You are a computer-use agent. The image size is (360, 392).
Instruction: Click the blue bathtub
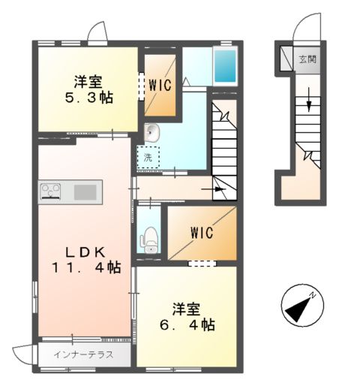225,66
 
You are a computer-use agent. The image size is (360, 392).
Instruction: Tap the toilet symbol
149,240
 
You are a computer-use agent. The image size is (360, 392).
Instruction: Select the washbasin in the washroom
151,132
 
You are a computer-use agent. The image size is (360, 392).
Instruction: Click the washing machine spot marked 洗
148,158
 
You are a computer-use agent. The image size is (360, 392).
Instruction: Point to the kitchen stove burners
51,191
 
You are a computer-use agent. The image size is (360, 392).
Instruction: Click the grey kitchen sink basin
85,192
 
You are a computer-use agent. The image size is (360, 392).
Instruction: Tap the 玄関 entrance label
307,59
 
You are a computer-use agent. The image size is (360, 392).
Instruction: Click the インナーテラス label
84,354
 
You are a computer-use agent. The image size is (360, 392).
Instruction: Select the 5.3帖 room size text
89,98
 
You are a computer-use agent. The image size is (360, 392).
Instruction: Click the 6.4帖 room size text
187,325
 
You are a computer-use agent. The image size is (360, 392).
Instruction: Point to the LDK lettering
85,252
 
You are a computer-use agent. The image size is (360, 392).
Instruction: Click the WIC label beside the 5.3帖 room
160,85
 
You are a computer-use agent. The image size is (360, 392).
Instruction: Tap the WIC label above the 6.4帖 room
202,233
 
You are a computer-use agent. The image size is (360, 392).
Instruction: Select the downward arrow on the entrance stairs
309,99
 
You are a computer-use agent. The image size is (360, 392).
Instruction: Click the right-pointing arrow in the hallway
214,189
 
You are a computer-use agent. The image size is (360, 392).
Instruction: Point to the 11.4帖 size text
86,267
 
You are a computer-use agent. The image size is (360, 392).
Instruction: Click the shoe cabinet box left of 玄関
286,59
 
